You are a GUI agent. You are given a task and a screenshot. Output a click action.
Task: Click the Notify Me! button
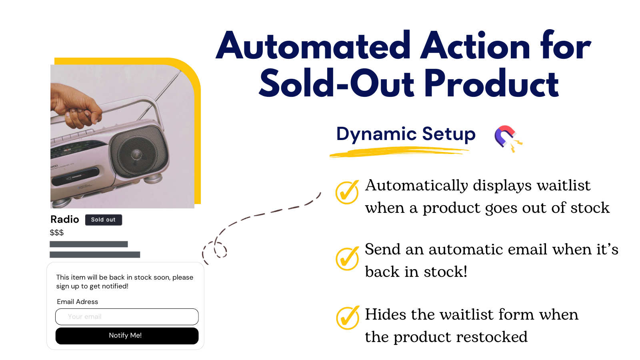coord(127,336)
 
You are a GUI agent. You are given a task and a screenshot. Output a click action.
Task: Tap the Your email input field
coord(127,316)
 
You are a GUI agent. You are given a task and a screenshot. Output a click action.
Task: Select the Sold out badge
coord(103,220)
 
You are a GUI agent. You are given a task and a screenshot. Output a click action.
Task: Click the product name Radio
coord(64,219)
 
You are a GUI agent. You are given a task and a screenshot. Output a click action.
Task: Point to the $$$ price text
coord(56,232)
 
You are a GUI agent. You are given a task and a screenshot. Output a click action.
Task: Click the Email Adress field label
coord(77,302)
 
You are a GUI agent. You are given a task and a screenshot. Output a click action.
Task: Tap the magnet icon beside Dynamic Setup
coord(506,137)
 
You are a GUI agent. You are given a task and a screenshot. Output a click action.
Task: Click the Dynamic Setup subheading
coord(406,134)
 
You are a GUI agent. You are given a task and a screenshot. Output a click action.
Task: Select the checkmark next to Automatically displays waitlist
coord(347,192)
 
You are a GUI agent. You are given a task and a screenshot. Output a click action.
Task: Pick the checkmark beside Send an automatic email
coord(347,258)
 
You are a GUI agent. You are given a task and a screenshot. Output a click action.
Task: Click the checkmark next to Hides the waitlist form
coord(347,318)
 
